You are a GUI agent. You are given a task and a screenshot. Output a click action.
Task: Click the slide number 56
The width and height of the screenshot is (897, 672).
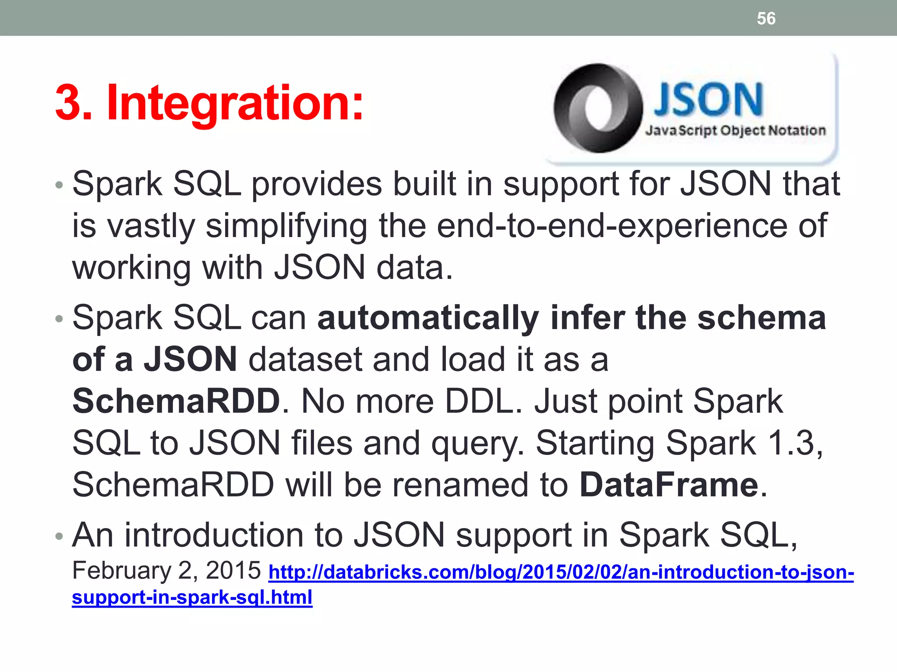tap(766, 18)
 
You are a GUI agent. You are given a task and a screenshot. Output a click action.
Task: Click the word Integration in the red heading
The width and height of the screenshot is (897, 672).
tap(235, 103)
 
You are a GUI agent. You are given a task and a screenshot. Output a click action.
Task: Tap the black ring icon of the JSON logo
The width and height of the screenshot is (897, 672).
tap(598, 108)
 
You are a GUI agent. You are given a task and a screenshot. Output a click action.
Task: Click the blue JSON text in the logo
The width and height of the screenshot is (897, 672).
tap(708, 100)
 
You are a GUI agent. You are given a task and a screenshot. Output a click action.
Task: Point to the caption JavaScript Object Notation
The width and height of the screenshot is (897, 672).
tap(735, 130)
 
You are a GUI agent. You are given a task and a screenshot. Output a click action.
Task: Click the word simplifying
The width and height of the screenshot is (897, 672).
tap(286, 226)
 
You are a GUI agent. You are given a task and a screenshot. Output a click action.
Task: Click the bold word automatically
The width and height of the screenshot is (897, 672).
tap(428, 318)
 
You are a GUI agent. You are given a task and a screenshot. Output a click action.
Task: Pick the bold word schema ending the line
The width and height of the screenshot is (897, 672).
tap(761, 318)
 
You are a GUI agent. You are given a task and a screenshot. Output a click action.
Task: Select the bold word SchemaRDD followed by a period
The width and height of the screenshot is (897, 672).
tap(176, 401)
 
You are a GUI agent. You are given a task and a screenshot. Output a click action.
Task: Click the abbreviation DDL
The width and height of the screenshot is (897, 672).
tap(479, 401)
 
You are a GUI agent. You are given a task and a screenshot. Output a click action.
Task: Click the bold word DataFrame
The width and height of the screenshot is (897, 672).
tap(669, 485)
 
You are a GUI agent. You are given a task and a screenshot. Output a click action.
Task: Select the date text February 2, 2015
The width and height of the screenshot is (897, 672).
tap(166, 570)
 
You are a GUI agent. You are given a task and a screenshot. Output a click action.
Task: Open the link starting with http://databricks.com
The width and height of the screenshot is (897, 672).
tap(561, 572)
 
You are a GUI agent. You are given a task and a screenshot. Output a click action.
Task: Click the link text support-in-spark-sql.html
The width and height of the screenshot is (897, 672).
tap(192, 597)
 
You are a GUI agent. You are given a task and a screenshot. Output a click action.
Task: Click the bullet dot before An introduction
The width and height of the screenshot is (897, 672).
tap(59, 536)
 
